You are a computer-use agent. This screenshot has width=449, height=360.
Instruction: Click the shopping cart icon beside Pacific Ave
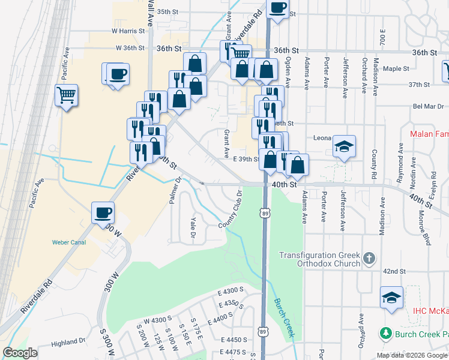[x=67, y=95]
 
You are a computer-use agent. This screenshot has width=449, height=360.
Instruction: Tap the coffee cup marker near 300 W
[x=103, y=212]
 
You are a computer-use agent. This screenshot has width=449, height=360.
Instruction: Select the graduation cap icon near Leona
[x=345, y=146]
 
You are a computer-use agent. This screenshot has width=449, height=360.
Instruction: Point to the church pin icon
[x=369, y=259]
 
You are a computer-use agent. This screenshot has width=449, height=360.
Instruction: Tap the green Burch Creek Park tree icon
[x=385, y=332]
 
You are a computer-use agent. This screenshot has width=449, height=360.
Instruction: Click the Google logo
[x=20, y=353]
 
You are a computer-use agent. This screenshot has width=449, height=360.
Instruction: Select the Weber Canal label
[x=68, y=242]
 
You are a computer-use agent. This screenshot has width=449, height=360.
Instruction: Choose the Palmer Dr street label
[x=175, y=190]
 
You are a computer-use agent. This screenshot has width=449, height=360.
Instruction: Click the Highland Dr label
[x=68, y=343]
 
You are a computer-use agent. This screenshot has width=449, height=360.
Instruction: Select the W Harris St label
[x=128, y=31]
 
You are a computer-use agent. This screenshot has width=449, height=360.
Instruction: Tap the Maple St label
[x=396, y=68]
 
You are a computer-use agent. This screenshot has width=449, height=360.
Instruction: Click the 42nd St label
[x=395, y=271]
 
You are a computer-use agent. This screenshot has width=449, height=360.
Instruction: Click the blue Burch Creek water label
[x=283, y=317]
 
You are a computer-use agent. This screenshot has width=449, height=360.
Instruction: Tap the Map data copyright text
[x=411, y=355]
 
